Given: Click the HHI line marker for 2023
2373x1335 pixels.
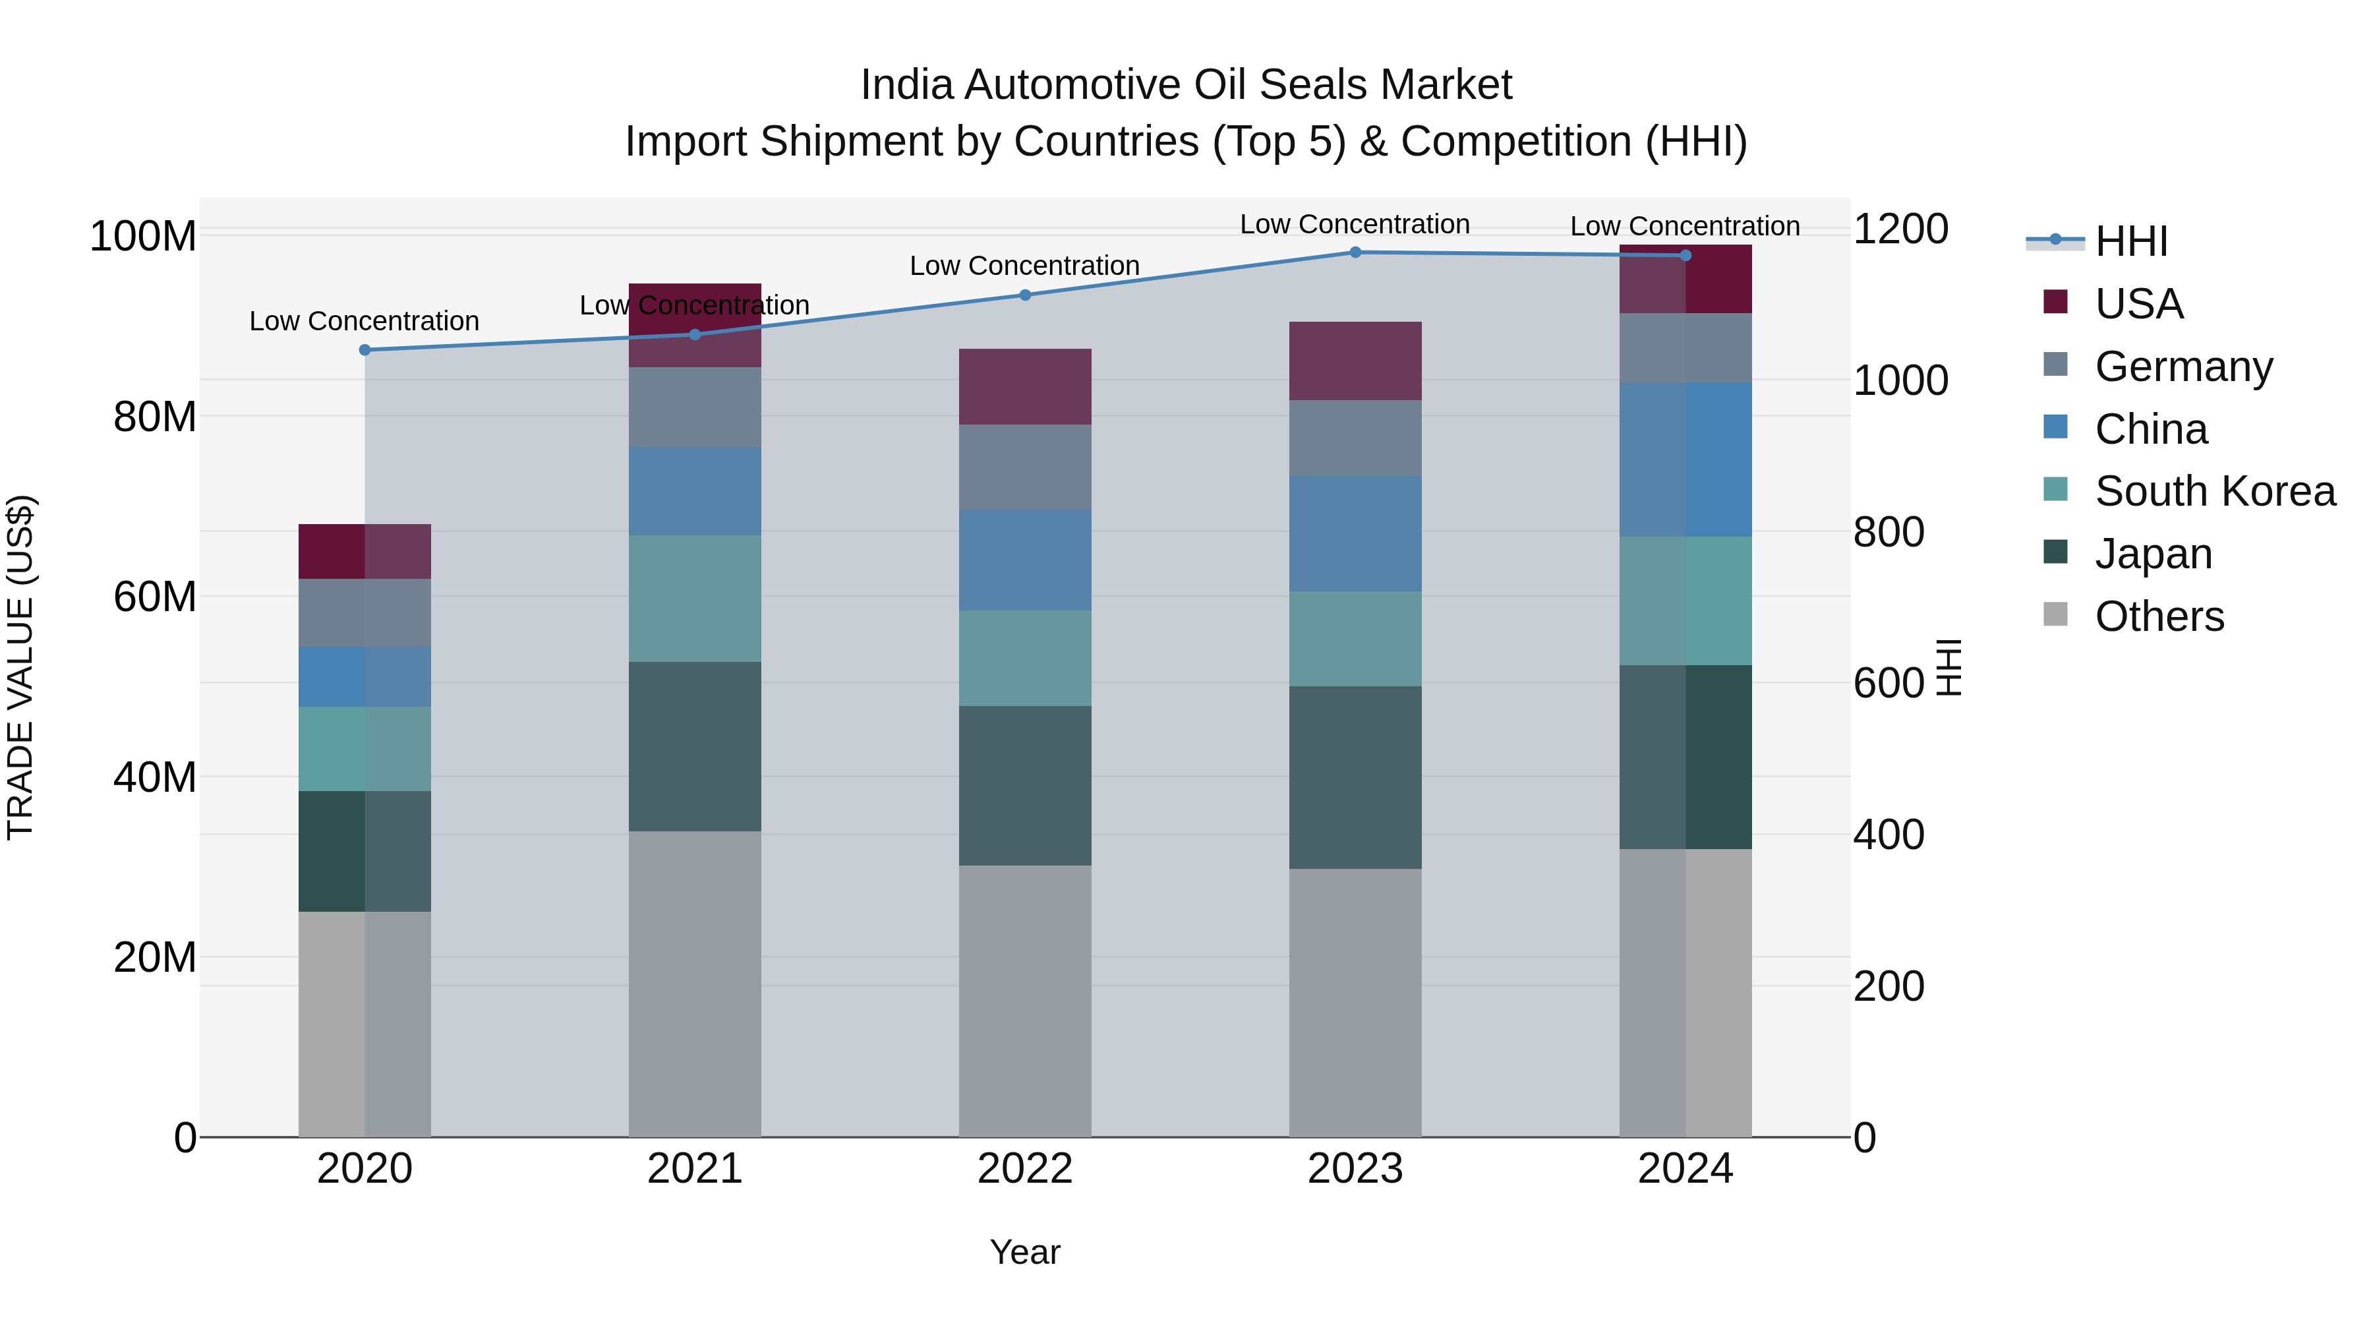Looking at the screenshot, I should tap(1355, 252).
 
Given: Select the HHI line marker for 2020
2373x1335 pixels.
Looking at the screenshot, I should tap(365, 350).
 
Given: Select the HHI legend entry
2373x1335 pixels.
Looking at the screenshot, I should tap(2130, 241).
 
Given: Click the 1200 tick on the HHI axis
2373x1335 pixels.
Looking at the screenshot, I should tap(1900, 229).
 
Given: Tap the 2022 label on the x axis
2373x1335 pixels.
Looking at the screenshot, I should tap(1025, 1169).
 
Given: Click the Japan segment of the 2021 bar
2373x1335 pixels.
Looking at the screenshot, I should tap(695, 746).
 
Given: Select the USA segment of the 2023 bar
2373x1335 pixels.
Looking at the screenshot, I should tap(1355, 361).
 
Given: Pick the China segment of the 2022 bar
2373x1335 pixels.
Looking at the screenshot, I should tap(1025, 560).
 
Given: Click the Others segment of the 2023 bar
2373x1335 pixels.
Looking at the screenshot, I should tap(1355, 1002).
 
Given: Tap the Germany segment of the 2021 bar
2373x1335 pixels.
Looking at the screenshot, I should tap(695, 407).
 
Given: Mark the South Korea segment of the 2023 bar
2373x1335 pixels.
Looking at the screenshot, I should tap(1355, 638).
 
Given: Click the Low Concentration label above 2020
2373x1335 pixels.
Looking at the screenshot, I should tap(365, 322).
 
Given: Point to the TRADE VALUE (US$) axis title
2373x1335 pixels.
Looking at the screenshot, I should tap(20, 667).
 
